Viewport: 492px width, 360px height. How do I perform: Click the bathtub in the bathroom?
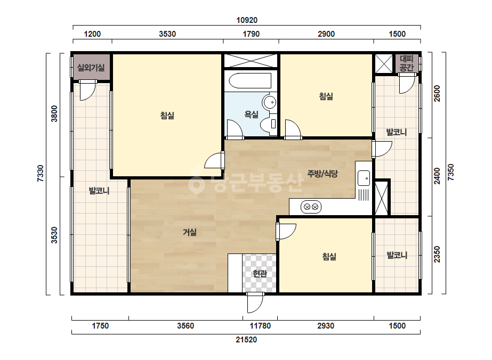[x=250, y=81]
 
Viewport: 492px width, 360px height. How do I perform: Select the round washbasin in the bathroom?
[x=270, y=102]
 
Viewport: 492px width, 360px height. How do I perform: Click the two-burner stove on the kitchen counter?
[x=311, y=207]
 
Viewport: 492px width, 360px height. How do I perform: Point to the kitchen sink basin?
[x=364, y=178]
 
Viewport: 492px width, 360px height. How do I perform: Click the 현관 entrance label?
[x=260, y=274]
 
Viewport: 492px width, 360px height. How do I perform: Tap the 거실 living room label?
[x=190, y=232]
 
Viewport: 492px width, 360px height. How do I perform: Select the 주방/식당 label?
[x=322, y=174]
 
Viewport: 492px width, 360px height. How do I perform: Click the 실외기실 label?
[x=91, y=68]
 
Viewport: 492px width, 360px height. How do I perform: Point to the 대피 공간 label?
[x=407, y=63]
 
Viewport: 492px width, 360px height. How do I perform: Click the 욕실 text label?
[x=252, y=114]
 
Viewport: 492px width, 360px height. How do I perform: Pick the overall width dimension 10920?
[x=247, y=20]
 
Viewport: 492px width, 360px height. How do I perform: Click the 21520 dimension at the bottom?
[x=246, y=340]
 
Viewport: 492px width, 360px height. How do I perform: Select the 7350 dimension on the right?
[x=450, y=172]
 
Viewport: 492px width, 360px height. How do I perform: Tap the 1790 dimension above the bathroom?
[x=251, y=34]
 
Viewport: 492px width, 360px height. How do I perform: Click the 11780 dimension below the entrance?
[x=260, y=326]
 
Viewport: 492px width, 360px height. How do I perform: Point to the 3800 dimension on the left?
[x=54, y=113]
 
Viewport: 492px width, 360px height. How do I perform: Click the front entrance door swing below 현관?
[x=255, y=302]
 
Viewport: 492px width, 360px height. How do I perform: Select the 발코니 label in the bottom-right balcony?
[x=397, y=255]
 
